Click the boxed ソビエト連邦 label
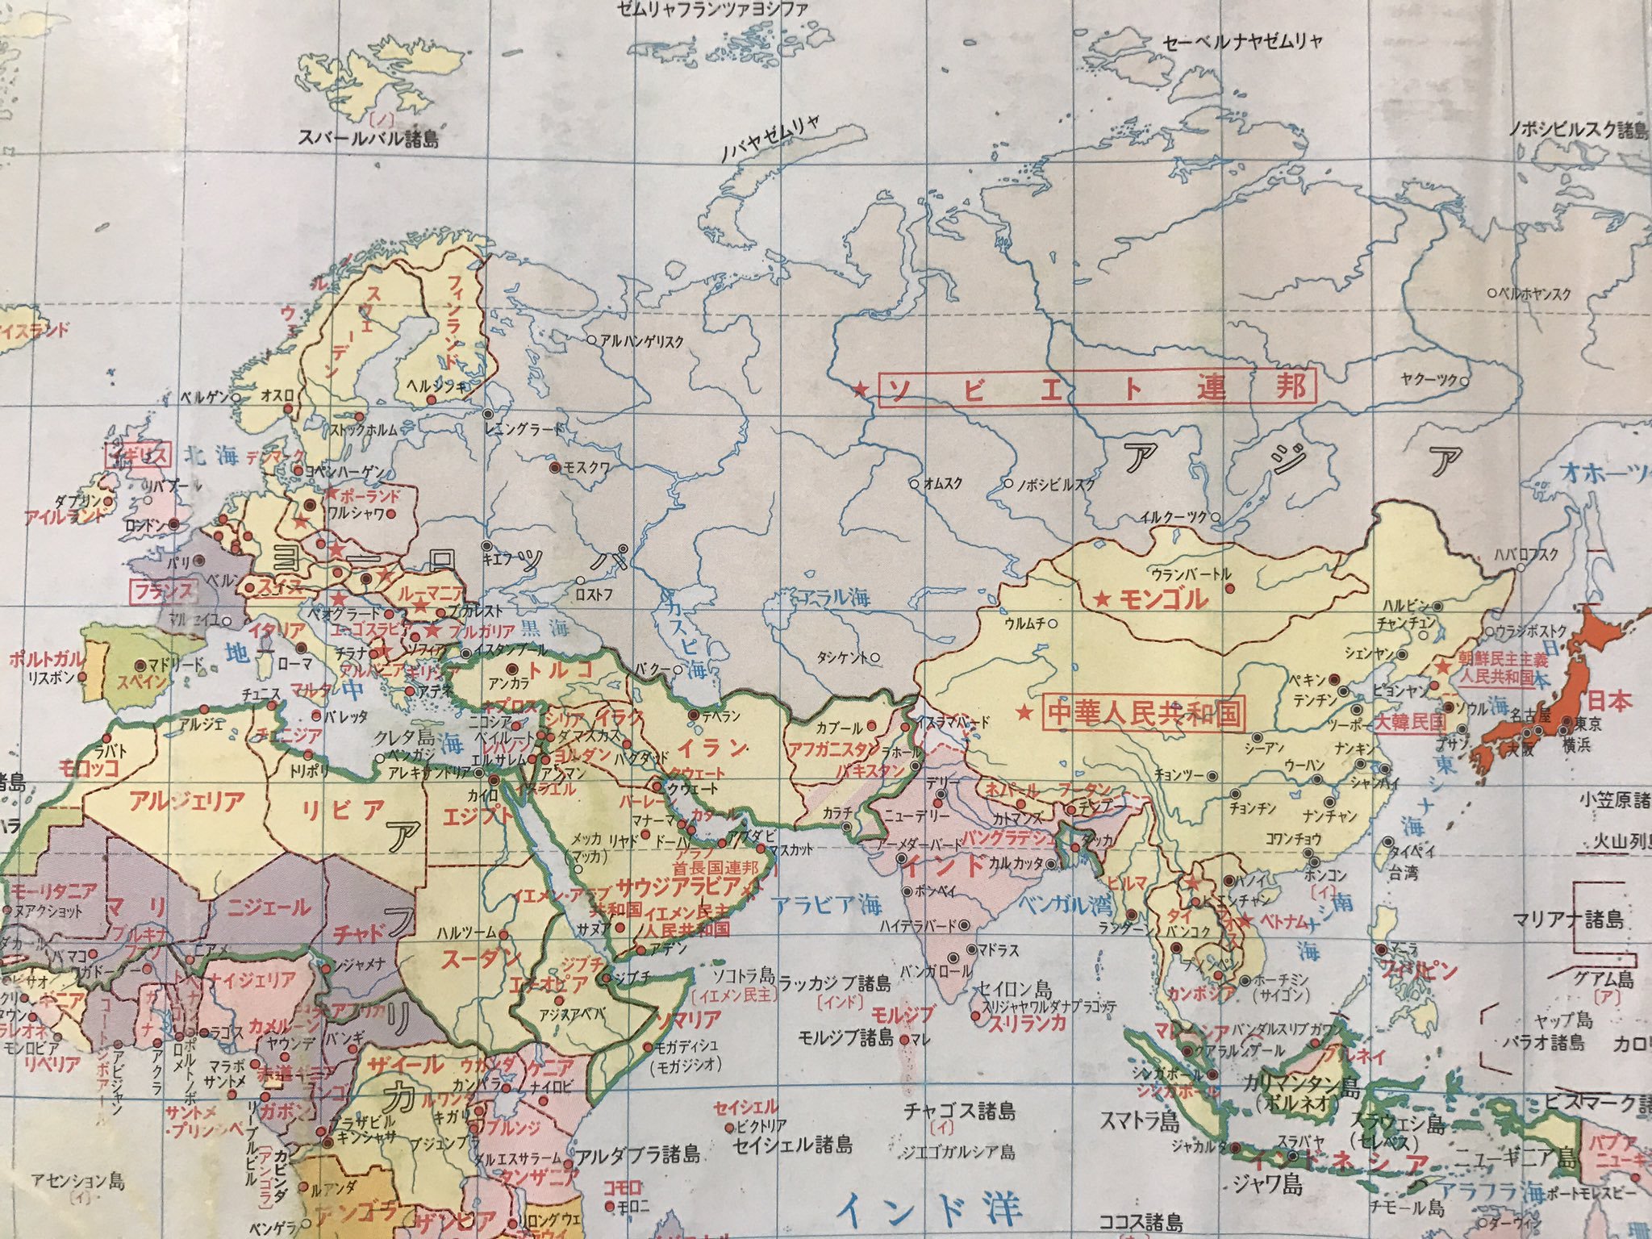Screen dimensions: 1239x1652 (1096, 390)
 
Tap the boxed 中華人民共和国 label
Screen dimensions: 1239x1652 (1144, 712)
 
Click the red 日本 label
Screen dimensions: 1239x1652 (1609, 699)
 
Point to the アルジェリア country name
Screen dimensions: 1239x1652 (187, 801)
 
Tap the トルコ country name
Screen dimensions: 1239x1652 (560, 668)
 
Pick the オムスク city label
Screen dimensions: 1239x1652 (942, 484)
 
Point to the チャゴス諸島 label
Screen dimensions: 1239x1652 (960, 1111)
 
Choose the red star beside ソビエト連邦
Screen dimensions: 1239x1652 (861, 390)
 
